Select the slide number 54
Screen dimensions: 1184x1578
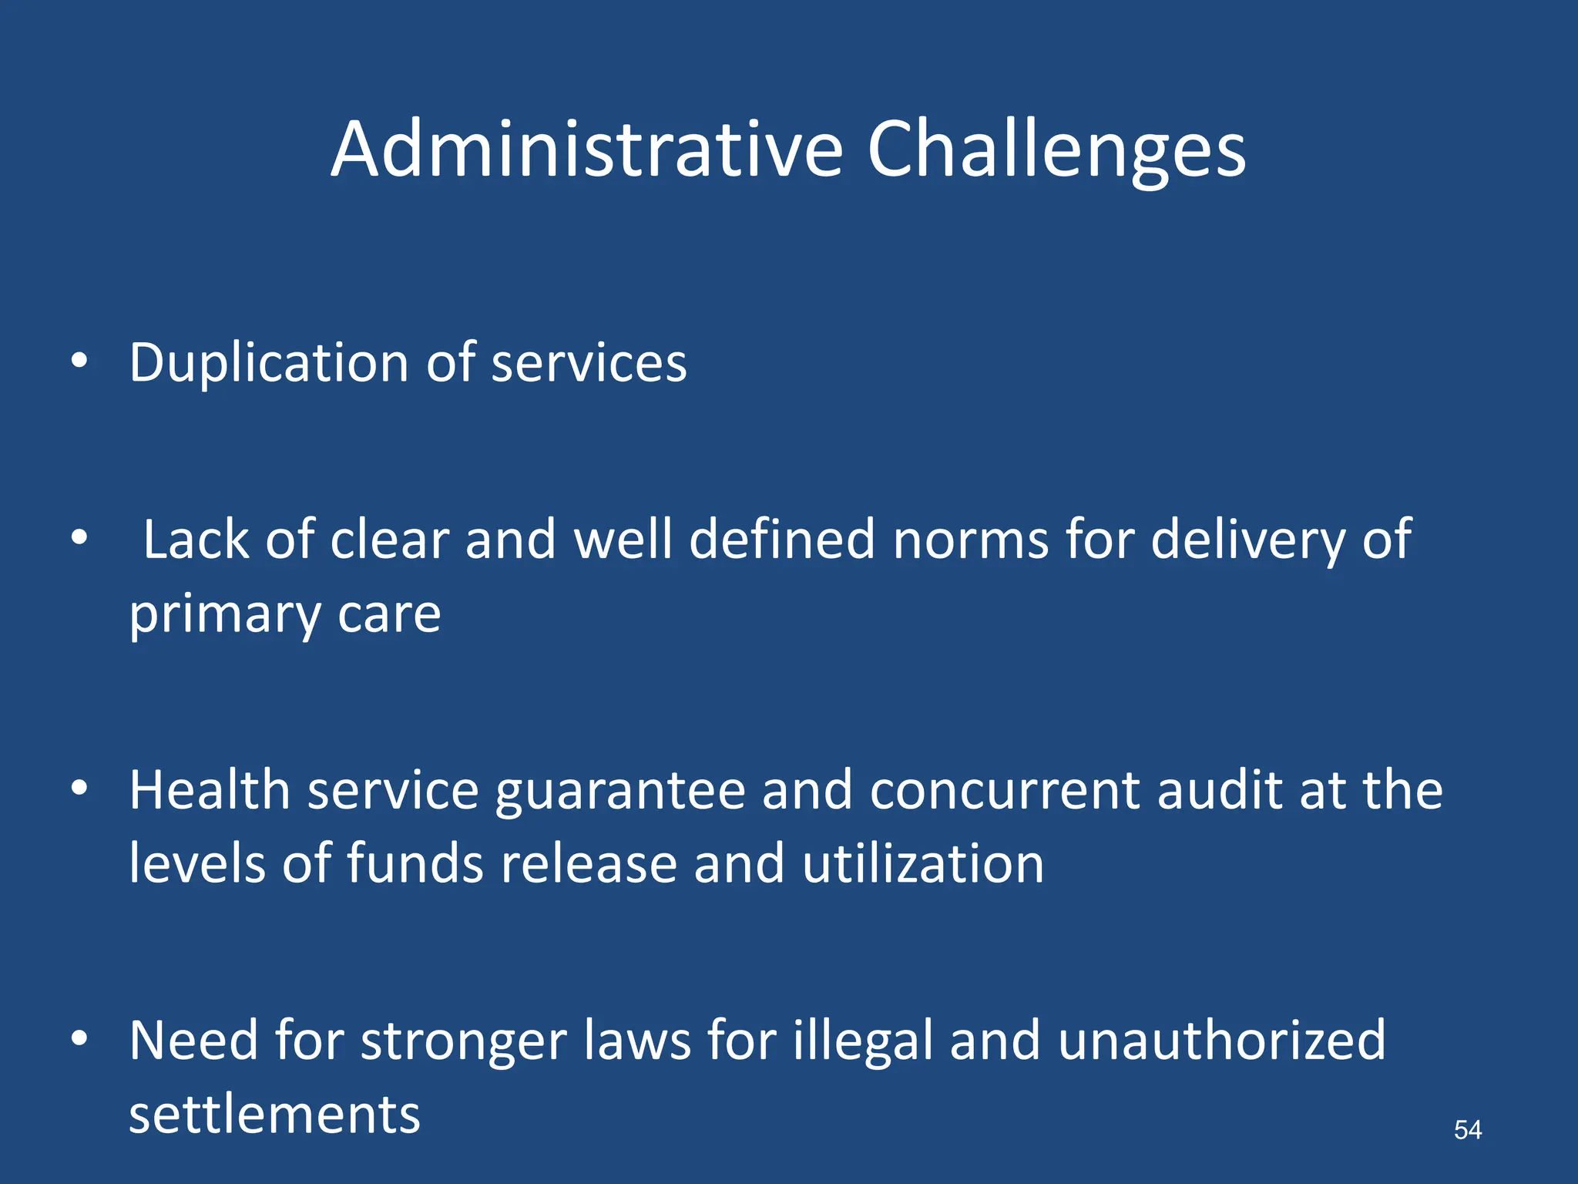1467,1130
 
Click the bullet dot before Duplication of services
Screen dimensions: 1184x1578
79,362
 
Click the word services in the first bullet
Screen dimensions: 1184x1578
589,363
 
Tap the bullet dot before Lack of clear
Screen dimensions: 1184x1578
79,537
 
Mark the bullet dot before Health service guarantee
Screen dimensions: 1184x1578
79,788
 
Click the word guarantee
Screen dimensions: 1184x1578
620,792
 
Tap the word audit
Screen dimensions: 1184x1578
1219,790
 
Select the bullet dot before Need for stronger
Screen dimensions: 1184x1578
79,1039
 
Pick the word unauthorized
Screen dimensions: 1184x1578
1221,1041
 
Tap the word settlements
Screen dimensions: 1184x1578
274,1115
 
